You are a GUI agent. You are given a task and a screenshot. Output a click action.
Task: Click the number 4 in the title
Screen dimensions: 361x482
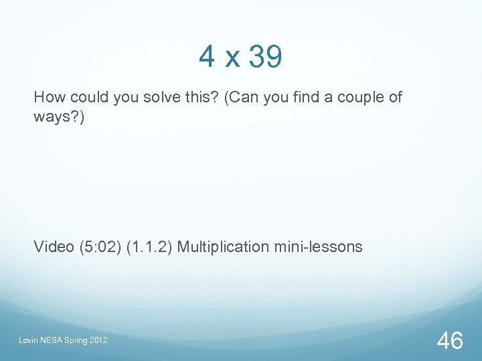pyautogui.click(x=207, y=57)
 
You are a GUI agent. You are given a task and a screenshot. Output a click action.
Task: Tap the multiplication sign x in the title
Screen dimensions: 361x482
pyautogui.click(x=232, y=60)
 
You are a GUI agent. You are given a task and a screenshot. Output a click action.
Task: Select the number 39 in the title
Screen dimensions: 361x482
pyautogui.click(x=266, y=57)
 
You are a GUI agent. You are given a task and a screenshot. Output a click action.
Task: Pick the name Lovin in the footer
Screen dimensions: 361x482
pyautogui.click(x=30, y=342)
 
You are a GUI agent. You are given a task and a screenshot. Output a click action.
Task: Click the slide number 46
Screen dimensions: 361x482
pyautogui.click(x=450, y=341)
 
